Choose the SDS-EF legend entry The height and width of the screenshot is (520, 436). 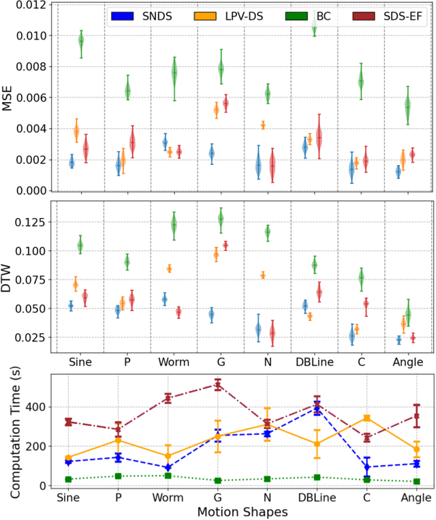[x=381, y=14]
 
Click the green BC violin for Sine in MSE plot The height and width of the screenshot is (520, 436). [x=81, y=42]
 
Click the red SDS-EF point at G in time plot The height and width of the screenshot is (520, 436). [x=219, y=385]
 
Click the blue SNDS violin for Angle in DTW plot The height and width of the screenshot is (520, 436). [x=399, y=339]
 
